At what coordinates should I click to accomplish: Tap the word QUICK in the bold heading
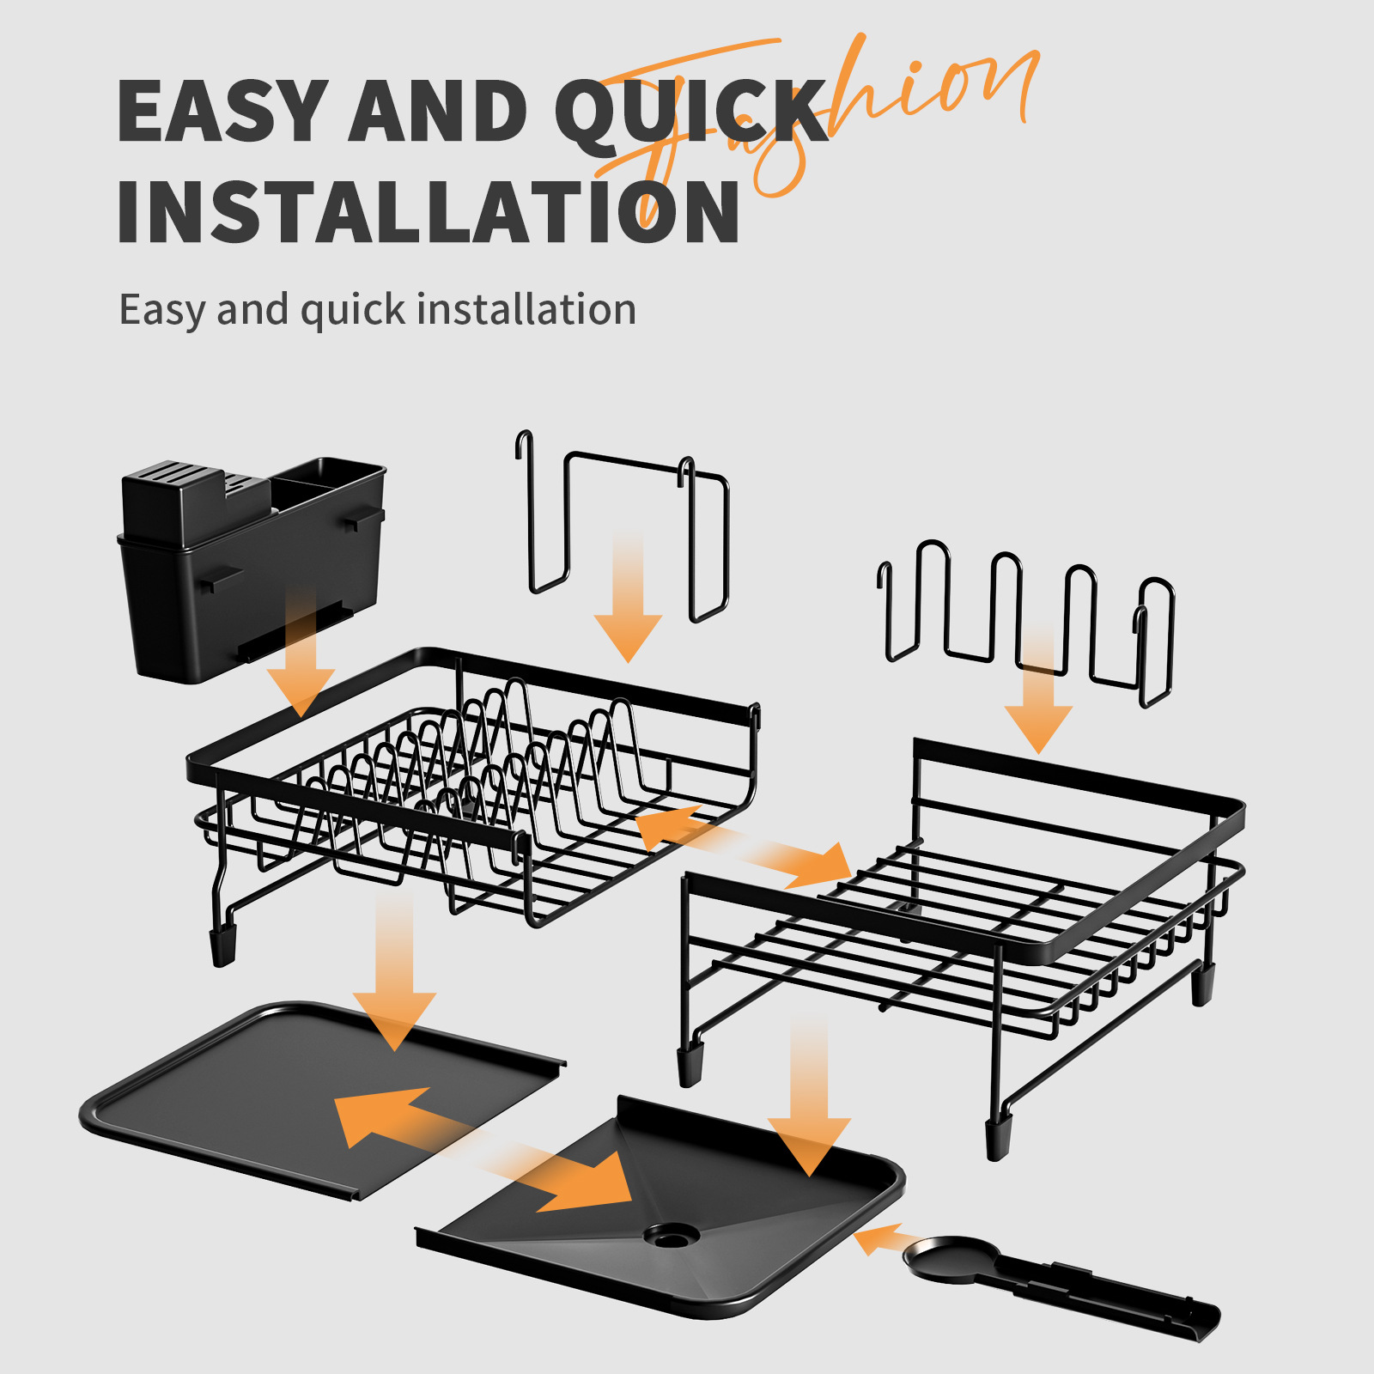[x=691, y=111]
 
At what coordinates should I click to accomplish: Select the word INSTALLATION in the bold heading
[x=428, y=211]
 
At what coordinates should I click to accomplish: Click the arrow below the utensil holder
[x=301, y=661]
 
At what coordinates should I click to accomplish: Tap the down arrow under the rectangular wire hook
[x=629, y=601]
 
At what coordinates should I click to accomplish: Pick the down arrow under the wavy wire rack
[x=1039, y=696]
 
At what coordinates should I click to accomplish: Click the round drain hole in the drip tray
[x=672, y=1236]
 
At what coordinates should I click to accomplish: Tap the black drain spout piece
[x=1056, y=1280]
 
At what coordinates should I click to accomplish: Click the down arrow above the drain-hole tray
[x=809, y=1108]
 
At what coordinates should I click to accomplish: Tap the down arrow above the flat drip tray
[x=395, y=979]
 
